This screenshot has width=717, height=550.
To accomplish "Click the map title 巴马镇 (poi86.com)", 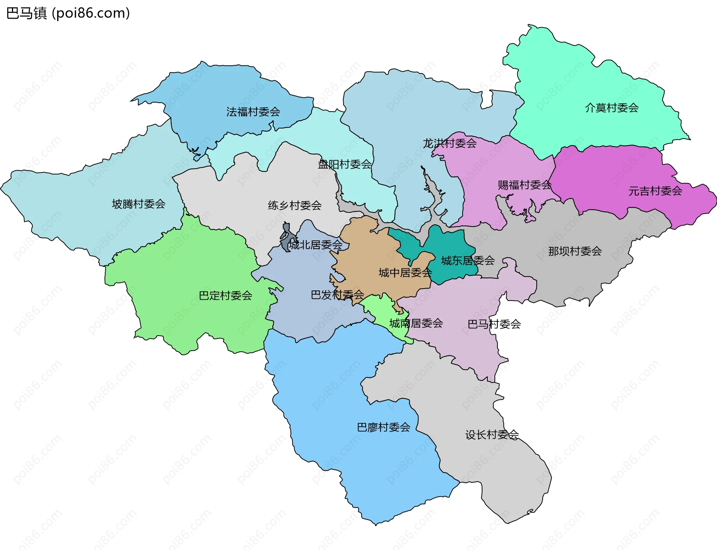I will coord(68,13).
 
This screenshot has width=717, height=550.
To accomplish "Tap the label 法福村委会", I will coord(253,112).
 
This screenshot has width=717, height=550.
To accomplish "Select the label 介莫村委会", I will coord(612,108).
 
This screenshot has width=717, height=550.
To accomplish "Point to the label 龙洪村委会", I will coord(450,143).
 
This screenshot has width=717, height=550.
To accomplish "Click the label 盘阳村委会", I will coord(345,164).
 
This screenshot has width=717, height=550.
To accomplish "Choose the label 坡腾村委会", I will coord(139,204).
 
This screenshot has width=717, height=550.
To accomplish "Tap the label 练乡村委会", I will coord(295,205).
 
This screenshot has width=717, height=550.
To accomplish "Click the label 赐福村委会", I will coord(524,185).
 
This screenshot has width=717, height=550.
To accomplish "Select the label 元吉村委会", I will coord(655,191).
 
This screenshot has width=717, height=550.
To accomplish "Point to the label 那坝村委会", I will coord(575,251).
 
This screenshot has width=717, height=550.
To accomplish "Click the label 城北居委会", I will coord(316,245).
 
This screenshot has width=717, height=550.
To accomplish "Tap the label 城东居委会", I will coord(468,261).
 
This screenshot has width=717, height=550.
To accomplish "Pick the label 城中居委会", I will coord(405,273).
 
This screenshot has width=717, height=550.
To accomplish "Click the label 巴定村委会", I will coord(225,296).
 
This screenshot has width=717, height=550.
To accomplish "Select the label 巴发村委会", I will coord(337,295).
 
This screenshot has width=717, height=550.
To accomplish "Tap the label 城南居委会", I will coord(416,323).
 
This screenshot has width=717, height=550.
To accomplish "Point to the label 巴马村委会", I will coord(494,324).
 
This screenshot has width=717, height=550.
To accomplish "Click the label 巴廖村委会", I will coord(384,427).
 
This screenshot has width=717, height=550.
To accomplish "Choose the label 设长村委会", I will coord(492,435).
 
